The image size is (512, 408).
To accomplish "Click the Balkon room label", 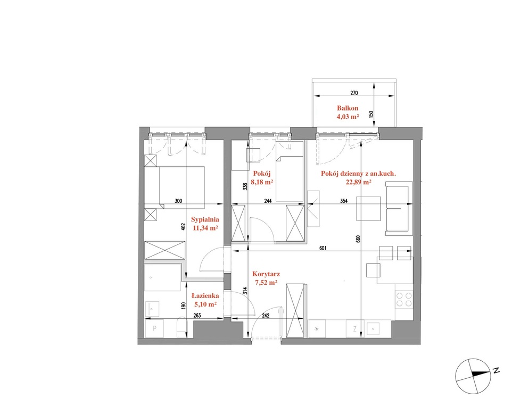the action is [x=348, y=108].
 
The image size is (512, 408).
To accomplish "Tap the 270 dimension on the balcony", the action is [x=354, y=93].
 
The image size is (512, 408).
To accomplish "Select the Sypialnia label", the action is [x=205, y=219].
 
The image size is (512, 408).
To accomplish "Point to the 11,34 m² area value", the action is [x=205, y=228].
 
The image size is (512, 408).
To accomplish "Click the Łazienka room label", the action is [x=205, y=296].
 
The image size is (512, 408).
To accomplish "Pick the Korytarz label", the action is [x=266, y=274].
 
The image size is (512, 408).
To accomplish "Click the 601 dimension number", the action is [x=323, y=248].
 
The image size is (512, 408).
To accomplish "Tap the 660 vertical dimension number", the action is [x=358, y=239].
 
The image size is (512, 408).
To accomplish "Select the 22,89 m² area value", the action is [x=359, y=182].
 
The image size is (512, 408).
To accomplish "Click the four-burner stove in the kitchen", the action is [x=404, y=300].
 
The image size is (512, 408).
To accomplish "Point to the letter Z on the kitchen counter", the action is [x=354, y=329].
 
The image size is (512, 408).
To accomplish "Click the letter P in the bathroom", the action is [x=154, y=329].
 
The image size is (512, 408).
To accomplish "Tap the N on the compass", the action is [x=497, y=370].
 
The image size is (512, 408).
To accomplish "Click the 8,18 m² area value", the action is [x=262, y=182].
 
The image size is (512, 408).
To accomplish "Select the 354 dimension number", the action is [x=343, y=201].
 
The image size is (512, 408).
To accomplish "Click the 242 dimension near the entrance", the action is [x=265, y=316].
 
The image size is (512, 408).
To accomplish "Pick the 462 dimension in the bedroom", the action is [x=183, y=227].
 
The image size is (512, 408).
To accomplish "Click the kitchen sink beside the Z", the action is [x=373, y=329].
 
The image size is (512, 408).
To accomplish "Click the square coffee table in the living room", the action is [x=369, y=209].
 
